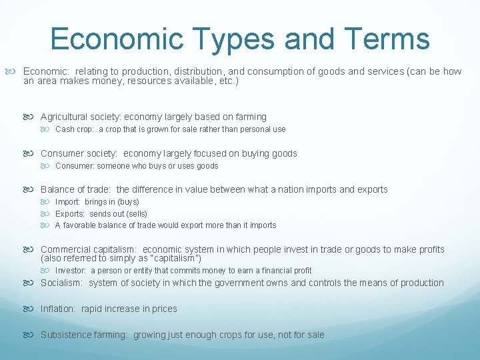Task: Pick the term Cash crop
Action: tap(74, 129)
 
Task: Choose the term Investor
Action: tap(71, 271)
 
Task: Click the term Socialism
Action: tap(61, 283)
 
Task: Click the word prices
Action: tap(164, 309)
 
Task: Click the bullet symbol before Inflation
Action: tap(33, 309)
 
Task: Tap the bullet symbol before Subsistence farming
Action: tap(33, 335)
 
